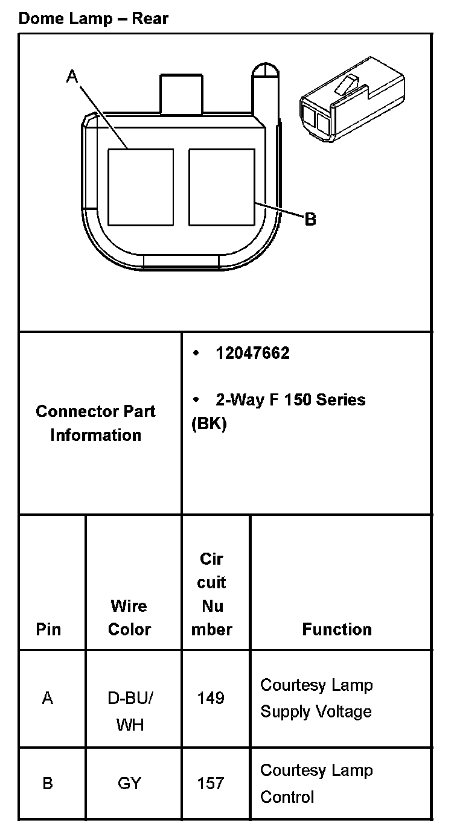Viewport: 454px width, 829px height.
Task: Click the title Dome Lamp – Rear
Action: tap(94, 18)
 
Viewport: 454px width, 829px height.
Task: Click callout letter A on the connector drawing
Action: tap(72, 77)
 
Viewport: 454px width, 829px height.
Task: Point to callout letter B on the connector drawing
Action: tap(310, 219)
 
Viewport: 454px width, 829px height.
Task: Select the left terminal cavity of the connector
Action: tap(141, 187)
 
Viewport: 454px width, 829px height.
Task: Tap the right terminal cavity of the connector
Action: tap(222, 187)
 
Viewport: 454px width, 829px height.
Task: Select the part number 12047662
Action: tap(252, 354)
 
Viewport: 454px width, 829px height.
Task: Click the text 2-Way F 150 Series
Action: tap(290, 399)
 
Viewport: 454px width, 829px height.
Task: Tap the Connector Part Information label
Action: tap(95, 423)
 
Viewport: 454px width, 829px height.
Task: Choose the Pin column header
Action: tap(48, 629)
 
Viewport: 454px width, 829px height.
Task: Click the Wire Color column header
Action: tap(129, 617)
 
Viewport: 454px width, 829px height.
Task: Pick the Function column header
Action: tap(337, 629)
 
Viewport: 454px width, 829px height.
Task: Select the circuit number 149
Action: tap(211, 698)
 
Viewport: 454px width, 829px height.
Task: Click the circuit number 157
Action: tap(211, 783)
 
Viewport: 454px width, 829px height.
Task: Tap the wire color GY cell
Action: tap(129, 783)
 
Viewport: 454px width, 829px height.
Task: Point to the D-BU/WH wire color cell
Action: tap(130, 711)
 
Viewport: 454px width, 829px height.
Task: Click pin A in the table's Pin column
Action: tap(48, 698)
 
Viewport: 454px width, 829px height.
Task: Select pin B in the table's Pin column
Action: tap(48, 783)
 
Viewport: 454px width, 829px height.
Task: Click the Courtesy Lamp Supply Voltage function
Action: tap(316, 698)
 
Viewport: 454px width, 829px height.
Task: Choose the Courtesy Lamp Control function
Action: tap(316, 783)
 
